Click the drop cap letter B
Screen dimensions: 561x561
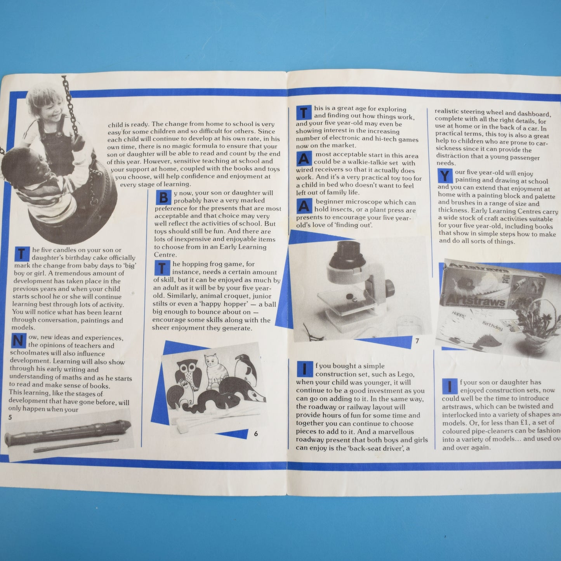click(x=163, y=198)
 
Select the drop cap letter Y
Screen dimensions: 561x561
click(x=445, y=176)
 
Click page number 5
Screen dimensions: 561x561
click(x=10, y=417)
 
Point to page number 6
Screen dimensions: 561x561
click(x=255, y=434)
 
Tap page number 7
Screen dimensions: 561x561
click(x=417, y=341)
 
